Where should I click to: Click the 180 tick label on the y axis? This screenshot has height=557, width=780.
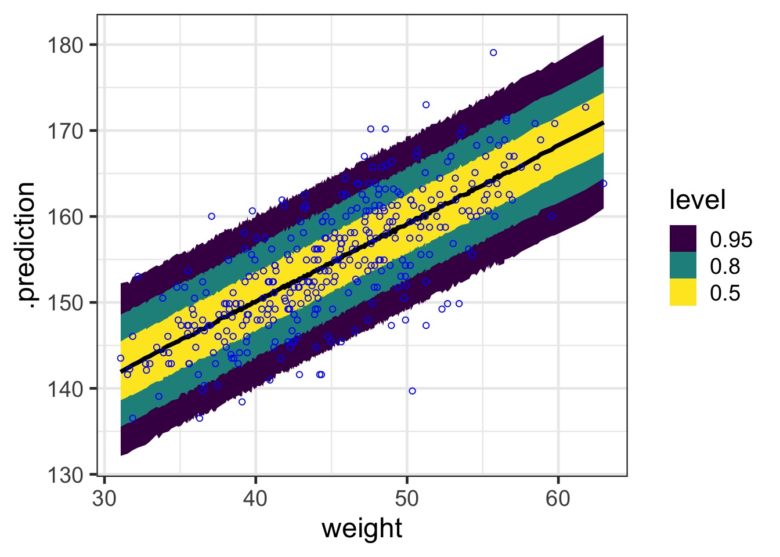64,45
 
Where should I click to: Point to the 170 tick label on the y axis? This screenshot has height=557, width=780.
64,131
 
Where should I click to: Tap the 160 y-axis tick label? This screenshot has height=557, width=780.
64,217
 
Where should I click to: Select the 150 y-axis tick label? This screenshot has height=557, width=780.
64,303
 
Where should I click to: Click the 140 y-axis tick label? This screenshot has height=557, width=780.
64,389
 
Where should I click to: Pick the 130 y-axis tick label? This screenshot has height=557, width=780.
64,475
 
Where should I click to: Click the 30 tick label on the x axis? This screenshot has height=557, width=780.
104,499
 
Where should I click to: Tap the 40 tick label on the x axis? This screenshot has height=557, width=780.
255,499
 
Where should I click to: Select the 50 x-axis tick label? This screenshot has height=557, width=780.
407,499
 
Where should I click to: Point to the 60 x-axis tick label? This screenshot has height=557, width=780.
558,499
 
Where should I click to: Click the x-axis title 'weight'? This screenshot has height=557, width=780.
362,529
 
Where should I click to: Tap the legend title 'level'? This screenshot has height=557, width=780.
697,200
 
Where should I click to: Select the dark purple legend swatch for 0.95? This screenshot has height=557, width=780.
682,239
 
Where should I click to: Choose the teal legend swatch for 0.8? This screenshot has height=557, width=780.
682,266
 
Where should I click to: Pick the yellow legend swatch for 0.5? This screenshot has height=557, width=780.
682,292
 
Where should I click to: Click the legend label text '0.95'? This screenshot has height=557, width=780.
731,240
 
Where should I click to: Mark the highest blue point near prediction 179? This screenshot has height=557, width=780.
493,53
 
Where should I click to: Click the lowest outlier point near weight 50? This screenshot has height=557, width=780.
412,391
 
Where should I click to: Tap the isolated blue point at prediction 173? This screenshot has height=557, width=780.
426,105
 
